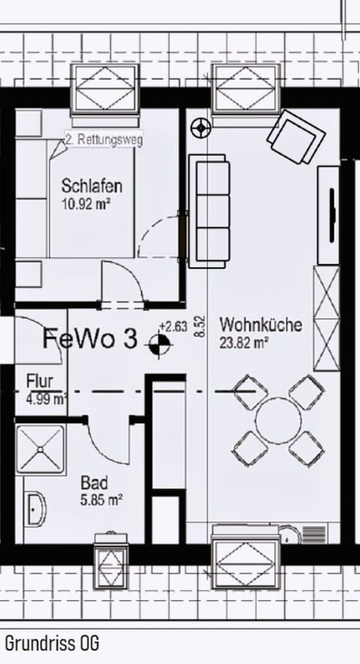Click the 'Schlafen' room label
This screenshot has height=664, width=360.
92,185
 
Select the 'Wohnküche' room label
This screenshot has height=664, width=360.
260,326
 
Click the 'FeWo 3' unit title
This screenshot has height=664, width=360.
90,339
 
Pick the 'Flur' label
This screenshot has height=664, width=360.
40,380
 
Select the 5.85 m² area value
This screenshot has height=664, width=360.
101,498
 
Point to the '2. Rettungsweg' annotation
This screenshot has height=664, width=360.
103,140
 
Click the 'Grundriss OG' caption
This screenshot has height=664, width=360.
52,643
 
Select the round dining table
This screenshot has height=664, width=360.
277,421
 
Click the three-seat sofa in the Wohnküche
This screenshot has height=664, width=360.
208,211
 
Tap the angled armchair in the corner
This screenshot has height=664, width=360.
295,137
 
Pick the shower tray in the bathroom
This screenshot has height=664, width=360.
41,450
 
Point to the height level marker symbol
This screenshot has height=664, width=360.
159,344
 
